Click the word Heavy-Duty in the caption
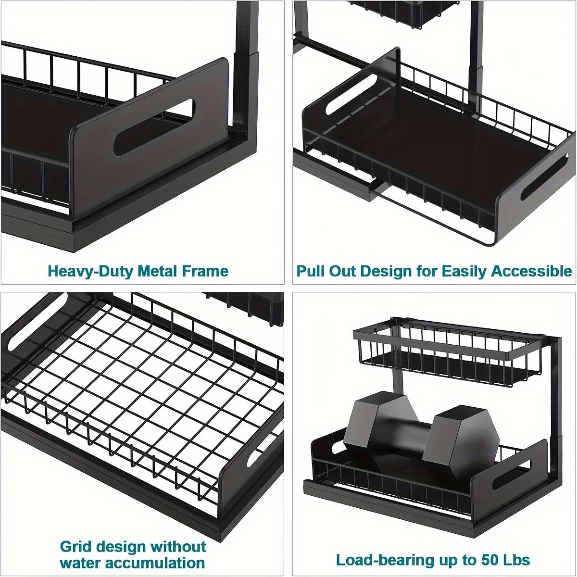click(x=90, y=271)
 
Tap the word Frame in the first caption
click(x=204, y=271)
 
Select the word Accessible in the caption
click(x=531, y=271)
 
